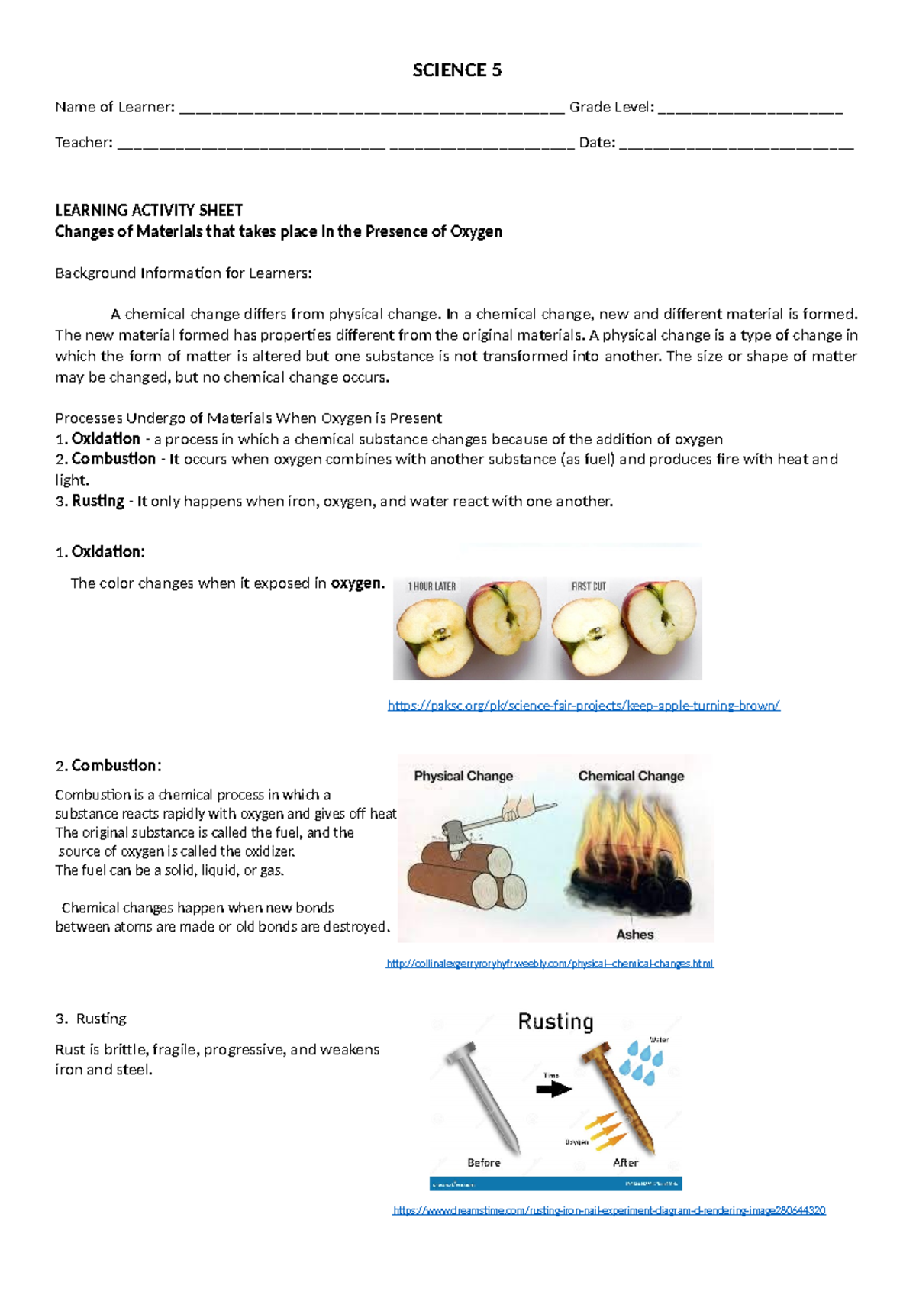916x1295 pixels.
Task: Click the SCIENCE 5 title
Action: [x=456, y=70]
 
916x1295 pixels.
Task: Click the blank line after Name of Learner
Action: [x=372, y=108]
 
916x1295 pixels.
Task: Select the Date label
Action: [x=597, y=142]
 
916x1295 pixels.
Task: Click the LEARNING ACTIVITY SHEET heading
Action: [x=149, y=210]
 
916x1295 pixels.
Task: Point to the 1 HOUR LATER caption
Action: [x=431, y=586]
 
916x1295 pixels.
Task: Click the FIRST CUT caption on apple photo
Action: [x=589, y=586]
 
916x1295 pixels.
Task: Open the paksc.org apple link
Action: [x=583, y=706]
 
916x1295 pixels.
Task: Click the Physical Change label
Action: [x=463, y=776]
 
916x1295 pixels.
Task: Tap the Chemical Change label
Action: [x=631, y=776]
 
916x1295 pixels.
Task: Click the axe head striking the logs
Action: [x=456, y=840]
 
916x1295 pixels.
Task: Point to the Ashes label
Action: [x=634, y=934]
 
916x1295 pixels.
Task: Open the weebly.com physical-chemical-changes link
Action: [x=550, y=964]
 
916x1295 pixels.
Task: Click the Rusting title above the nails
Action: [x=555, y=1022]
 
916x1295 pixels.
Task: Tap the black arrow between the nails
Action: [x=553, y=1090]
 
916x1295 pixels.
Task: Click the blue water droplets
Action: [x=641, y=1061]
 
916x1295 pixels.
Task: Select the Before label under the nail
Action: [x=484, y=1162]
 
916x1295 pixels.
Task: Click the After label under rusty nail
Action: [x=625, y=1162]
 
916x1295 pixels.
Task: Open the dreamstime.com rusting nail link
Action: [x=608, y=1210]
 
